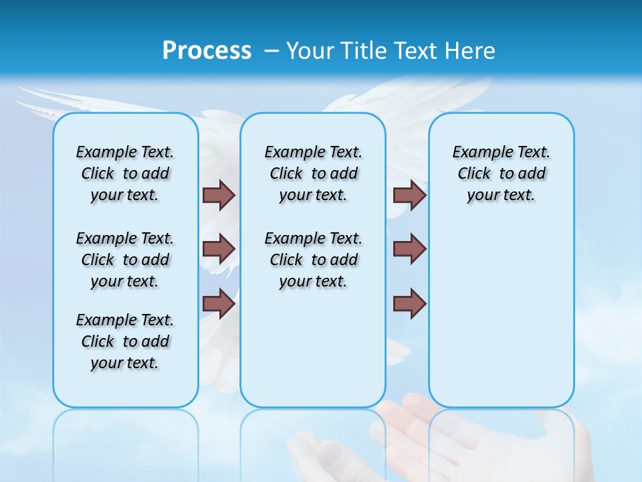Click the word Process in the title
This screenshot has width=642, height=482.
pyautogui.click(x=207, y=50)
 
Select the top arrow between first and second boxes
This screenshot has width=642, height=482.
pyautogui.click(x=219, y=195)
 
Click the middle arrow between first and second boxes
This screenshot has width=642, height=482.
pyautogui.click(x=219, y=249)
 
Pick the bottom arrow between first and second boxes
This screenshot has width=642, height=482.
pyautogui.click(x=219, y=304)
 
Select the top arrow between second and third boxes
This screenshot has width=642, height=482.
pyautogui.click(x=409, y=195)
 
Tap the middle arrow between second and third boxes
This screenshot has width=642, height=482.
pyautogui.click(x=409, y=249)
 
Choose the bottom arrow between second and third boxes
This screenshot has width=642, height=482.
pyautogui.click(x=409, y=304)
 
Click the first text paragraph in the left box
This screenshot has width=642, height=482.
pyautogui.click(x=125, y=173)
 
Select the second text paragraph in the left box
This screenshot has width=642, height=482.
pyautogui.click(x=125, y=260)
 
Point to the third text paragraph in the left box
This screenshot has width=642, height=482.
pyautogui.click(x=125, y=341)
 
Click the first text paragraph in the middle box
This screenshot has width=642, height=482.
pyautogui.click(x=314, y=173)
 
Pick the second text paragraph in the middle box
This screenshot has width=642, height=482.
pyautogui.click(x=314, y=260)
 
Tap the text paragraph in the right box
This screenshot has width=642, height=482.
pyautogui.click(x=502, y=173)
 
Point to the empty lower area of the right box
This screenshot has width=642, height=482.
pyautogui.click(x=502, y=315)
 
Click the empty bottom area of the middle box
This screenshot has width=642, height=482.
pyautogui.click(x=314, y=355)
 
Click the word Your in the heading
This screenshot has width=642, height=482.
pyautogui.click(x=311, y=50)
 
